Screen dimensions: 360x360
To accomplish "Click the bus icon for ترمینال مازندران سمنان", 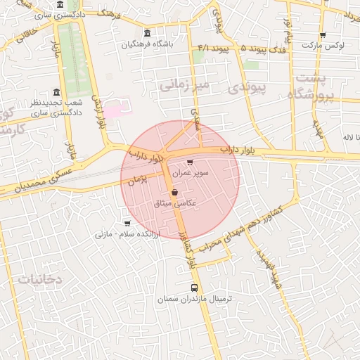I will coord(195,288).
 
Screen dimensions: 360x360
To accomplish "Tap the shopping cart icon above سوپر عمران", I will coord(190,162).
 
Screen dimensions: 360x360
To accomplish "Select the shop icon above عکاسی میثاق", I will coord(174,192).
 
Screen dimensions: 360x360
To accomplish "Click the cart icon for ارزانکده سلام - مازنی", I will coord(127,223).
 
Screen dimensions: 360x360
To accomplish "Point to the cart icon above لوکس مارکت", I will coord(323,35).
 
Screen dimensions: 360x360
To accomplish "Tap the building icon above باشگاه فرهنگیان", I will coord(146,33).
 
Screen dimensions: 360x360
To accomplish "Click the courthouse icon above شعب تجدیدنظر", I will coord(56,93).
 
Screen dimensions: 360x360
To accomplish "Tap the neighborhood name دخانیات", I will coord(40,279).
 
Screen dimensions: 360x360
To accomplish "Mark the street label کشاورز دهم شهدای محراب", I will coord(232,230).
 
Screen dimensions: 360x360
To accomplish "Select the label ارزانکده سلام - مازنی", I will coord(128,233).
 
